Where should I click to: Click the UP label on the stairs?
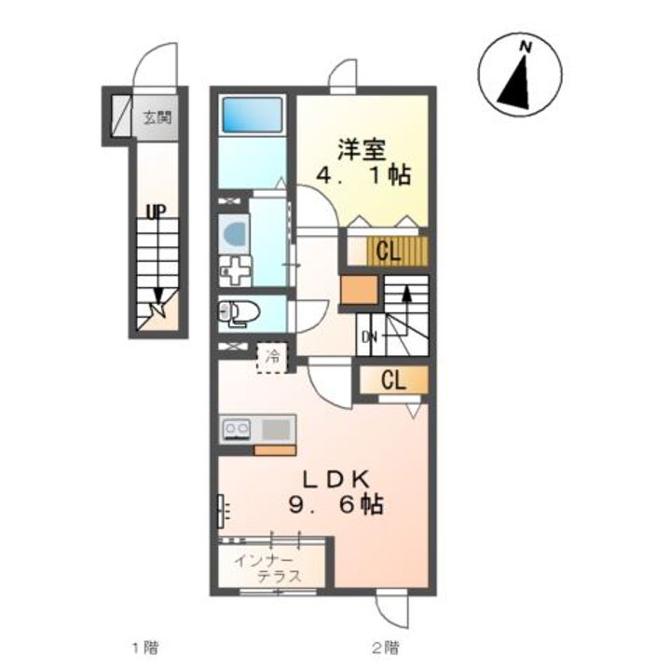click(155, 212)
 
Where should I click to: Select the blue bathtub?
click(252, 116)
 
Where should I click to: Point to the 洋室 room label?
click(362, 148)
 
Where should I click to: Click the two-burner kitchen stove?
click(235, 430)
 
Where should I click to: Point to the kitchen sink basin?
click(276, 430)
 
